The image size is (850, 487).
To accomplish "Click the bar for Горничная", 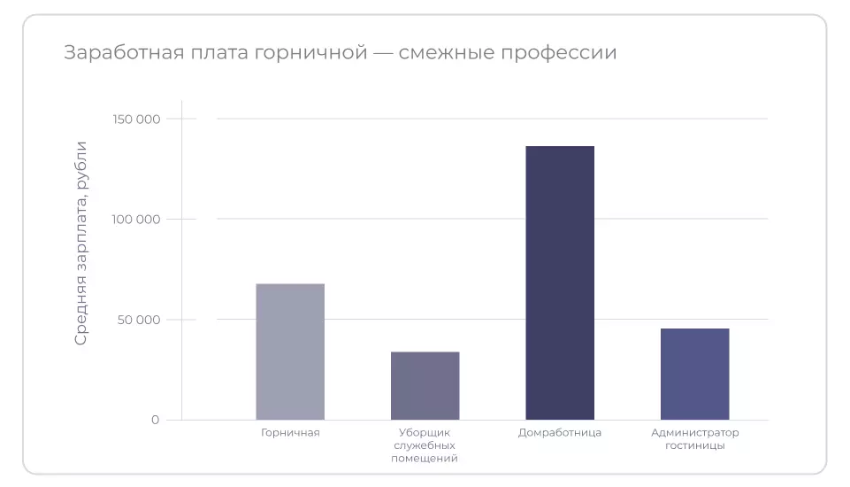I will click(x=290, y=352).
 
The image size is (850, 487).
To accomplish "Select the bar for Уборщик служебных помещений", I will click(x=425, y=385).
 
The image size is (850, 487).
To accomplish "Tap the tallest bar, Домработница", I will click(x=560, y=282).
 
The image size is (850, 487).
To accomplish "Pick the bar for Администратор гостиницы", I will click(x=694, y=374).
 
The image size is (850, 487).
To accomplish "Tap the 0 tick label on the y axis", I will click(x=156, y=420).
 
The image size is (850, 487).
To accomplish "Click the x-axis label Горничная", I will click(x=290, y=433).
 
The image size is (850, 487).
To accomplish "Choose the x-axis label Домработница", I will click(x=560, y=433).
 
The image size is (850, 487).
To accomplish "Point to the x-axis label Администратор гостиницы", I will click(x=694, y=439).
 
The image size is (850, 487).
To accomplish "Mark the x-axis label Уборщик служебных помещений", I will click(x=425, y=445).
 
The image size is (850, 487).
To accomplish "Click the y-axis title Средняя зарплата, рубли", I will click(x=81, y=243).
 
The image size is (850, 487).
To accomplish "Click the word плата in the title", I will click(x=209, y=53).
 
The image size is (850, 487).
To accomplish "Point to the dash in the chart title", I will click(x=383, y=53).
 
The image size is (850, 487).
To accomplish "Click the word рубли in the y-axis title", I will click(x=81, y=165).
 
